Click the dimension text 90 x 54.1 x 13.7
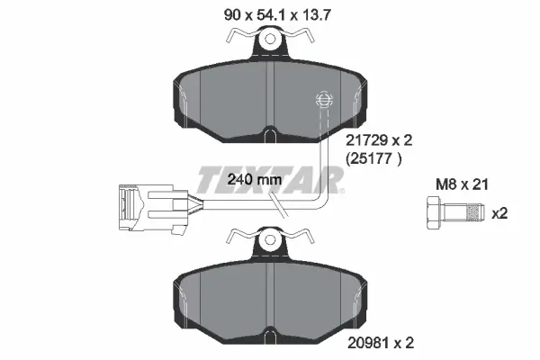(x=277, y=15)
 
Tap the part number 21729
(x=365, y=140)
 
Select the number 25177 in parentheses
(x=373, y=158)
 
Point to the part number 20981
(x=367, y=343)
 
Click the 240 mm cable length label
(x=255, y=179)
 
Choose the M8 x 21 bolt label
(x=463, y=184)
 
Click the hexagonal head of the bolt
(x=433, y=212)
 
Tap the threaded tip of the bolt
(x=475, y=212)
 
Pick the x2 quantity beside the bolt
(x=499, y=213)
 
